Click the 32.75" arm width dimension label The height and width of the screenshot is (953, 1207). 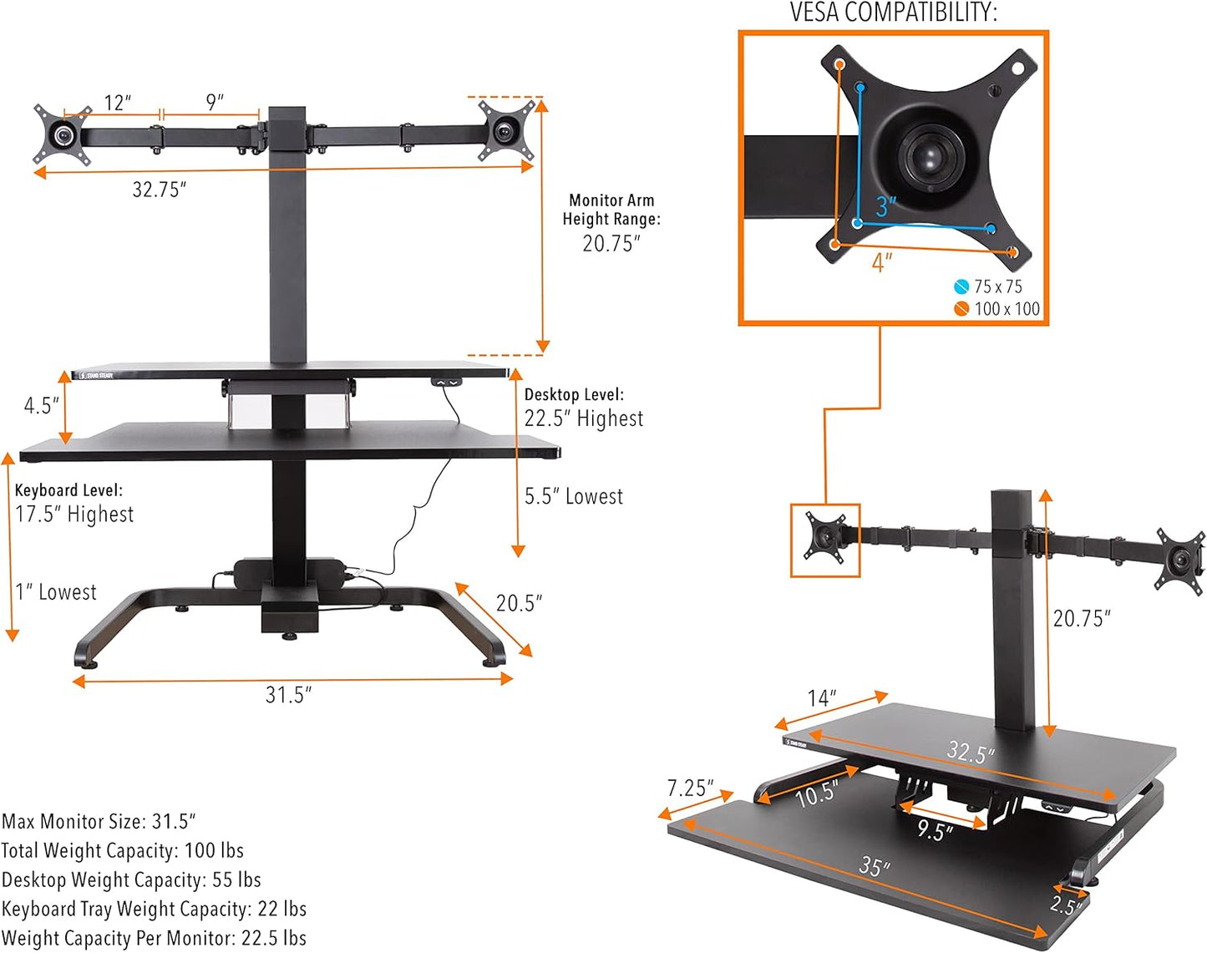[x=159, y=190]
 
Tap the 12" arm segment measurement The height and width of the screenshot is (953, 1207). [x=118, y=103]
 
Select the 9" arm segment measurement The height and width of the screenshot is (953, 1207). [x=215, y=102]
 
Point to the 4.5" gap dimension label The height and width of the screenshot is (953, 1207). [x=41, y=406]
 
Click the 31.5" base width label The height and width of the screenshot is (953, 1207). [x=288, y=695]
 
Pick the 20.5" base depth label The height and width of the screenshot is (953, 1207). [x=519, y=603]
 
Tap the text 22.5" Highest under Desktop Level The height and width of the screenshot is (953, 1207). [x=584, y=418]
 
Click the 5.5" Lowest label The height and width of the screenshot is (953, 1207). [x=574, y=496]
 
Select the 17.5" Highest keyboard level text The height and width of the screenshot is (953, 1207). [x=74, y=514]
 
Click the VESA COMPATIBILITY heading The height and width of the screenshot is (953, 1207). [x=893, y=13]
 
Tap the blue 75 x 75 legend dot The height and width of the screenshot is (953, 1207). [x=961, y=286]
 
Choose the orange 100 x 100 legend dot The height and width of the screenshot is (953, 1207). [x=961, y=309]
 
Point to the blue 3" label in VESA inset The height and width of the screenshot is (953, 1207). [x=885, y=206]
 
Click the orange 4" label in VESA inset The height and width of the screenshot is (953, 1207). [x=882, y=262]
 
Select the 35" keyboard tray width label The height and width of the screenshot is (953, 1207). [x=875, y=866]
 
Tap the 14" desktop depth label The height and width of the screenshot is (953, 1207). [x=822, y=698]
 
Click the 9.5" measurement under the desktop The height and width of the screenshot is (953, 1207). [x=935, y=829]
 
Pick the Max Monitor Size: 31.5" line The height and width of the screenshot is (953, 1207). [x=99, y=821]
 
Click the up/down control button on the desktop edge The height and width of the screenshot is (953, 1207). [x=445, y=382]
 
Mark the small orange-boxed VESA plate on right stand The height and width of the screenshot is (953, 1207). [x=825, y=540]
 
